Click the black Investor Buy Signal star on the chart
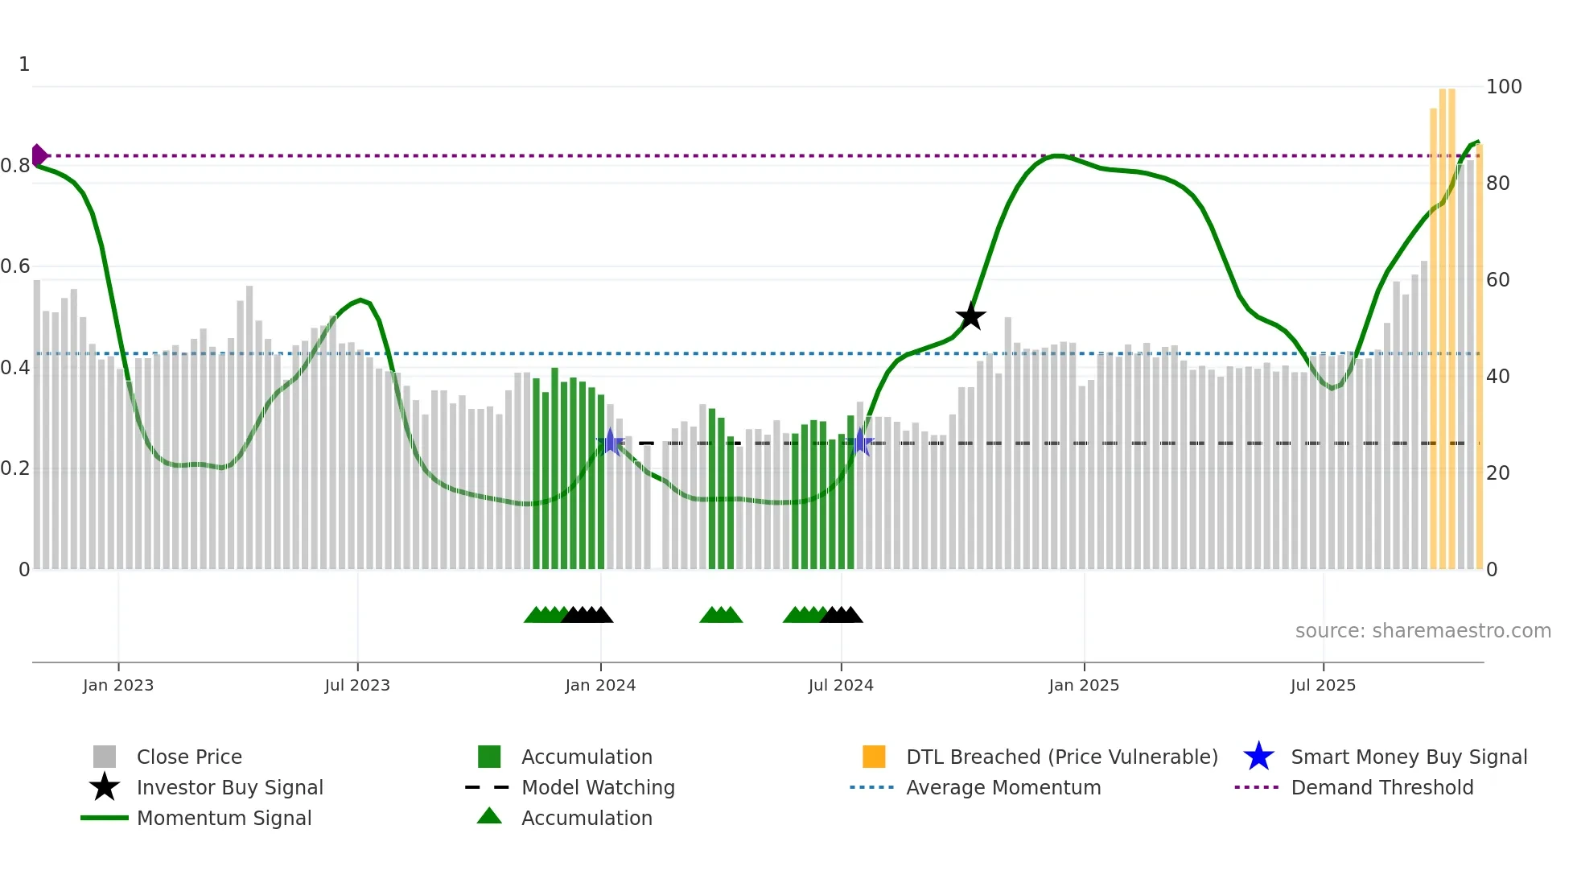(970, 316)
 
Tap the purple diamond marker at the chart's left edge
(39, 155)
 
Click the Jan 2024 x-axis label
(600, 685)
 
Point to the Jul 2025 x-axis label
(1323, 685)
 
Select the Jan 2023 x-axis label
(118, 685)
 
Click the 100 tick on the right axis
(1504, 87)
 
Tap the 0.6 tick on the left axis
(15, 266)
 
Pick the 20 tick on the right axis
(1497, 473)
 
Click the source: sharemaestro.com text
(1423, 631)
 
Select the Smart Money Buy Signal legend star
(1258, 757)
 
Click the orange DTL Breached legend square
(874, 757)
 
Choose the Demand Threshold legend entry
(1381, 787)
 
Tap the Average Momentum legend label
(1003, 787)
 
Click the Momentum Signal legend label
(224, 818)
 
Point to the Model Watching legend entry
(598, 787)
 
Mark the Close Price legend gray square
(105, 757)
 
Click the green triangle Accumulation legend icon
(489, 816)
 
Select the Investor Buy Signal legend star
(105, 787)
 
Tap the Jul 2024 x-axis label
(841, 685)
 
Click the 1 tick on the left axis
(24, 64)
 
